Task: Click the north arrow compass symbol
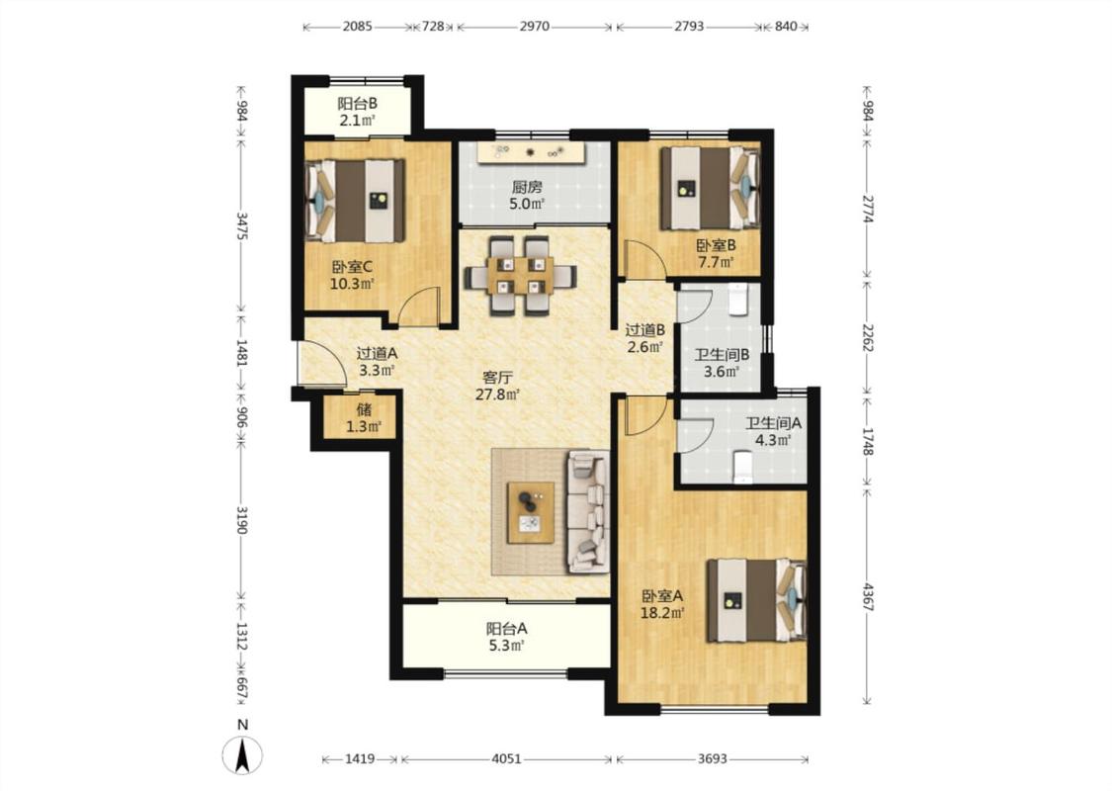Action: coord(242,754)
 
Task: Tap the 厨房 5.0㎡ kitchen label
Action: coord(527,196)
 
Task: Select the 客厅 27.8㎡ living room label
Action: coord(497,386)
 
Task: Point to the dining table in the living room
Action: coord(520,275)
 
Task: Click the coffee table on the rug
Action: coord(531,512)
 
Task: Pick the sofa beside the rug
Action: coord(588,511)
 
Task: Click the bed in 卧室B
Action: coord(710,188)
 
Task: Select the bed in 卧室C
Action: coord(355,201)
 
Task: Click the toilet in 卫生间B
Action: coord(739,300)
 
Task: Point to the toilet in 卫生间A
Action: coord(742,468)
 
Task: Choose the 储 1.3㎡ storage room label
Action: coord(364,418)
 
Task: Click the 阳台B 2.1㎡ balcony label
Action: coord(357,112)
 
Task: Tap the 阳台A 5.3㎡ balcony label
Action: coord(506,637)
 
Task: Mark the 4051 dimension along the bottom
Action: coord(506,758)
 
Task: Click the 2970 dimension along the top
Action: coord(534,27)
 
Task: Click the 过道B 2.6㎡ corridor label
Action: coord(644,338)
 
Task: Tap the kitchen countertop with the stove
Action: coord(531,152)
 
